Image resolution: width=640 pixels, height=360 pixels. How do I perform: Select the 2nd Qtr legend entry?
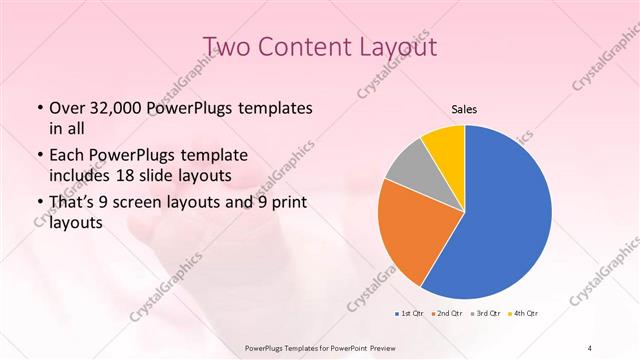click(x=445, y=314)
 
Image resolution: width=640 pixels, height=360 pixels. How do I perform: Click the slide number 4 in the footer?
click(x=590, y=347)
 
